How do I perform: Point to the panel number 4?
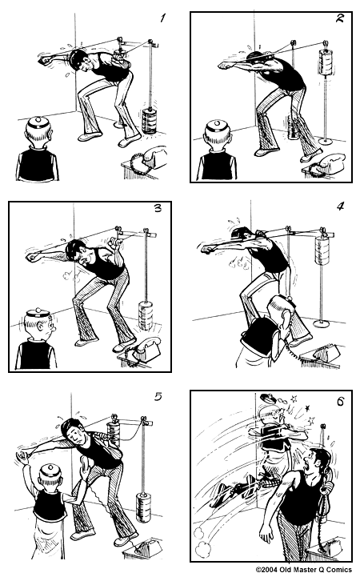(x=339, y=206)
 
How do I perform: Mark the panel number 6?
(x=338, y=402)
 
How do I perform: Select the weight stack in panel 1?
(x=150, y=120)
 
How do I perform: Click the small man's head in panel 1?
(x=38, y=130)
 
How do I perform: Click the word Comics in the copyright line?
(x=336, y=569)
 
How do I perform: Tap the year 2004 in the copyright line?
(x=271, y=569)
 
